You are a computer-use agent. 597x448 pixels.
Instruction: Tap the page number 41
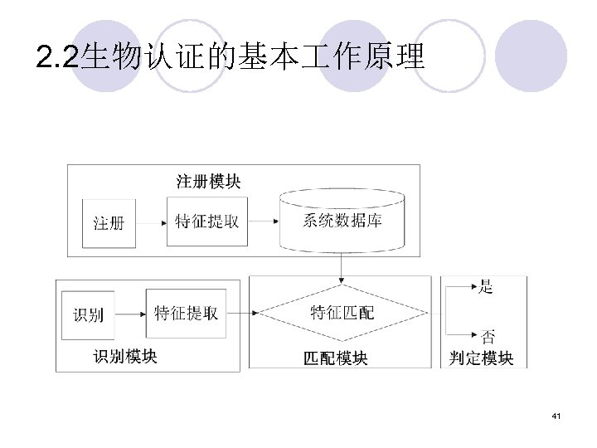(x=556, y=415)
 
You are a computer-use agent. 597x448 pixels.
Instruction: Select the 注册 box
(x=109, y=223)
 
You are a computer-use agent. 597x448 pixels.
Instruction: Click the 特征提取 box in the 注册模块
(x=207, y=222)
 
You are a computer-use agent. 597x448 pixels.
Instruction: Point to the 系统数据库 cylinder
(x=342, y=221)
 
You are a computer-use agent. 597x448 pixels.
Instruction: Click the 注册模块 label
(x=209, y=180)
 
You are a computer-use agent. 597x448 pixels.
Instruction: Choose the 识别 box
(x=89, y=314)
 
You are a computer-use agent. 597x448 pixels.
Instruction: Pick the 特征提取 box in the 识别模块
(x=186, y=313)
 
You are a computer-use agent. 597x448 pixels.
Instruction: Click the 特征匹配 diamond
(x=342, y=313)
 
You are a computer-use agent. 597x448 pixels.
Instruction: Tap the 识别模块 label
(x=125, y=357)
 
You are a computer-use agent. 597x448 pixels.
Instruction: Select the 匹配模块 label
(x=336, y=358)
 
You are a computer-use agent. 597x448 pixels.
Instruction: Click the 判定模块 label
(x=482, y=358)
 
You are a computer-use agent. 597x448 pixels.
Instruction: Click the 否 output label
(x=489, y=336)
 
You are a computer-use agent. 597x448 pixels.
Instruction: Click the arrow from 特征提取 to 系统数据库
(x=264, y=222)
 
